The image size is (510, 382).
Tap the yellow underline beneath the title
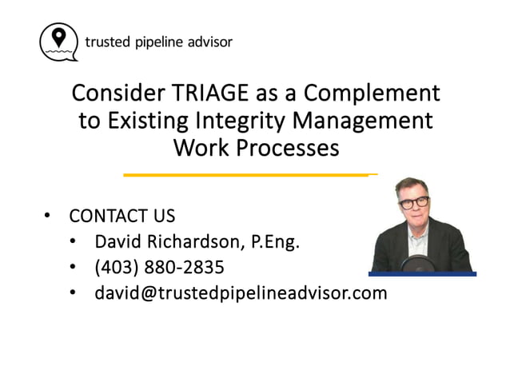pyautogui.click(x=249, y=173)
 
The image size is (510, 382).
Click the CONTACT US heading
pyautogui.click(x=122, y=216)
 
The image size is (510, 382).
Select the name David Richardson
pyautogui.click(x=167, y=241)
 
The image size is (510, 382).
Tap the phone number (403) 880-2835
pyautogui.click(x=159, y=267)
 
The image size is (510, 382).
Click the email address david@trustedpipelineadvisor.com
pyautogui.click(x=241, y=292)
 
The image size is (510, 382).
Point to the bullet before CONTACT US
pyautogui.click(x=47, y=216)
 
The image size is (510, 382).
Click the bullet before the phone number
pyautogui.click(x=73, y=267)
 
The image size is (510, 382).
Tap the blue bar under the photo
pyautogui.click(x=423, y=274)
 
